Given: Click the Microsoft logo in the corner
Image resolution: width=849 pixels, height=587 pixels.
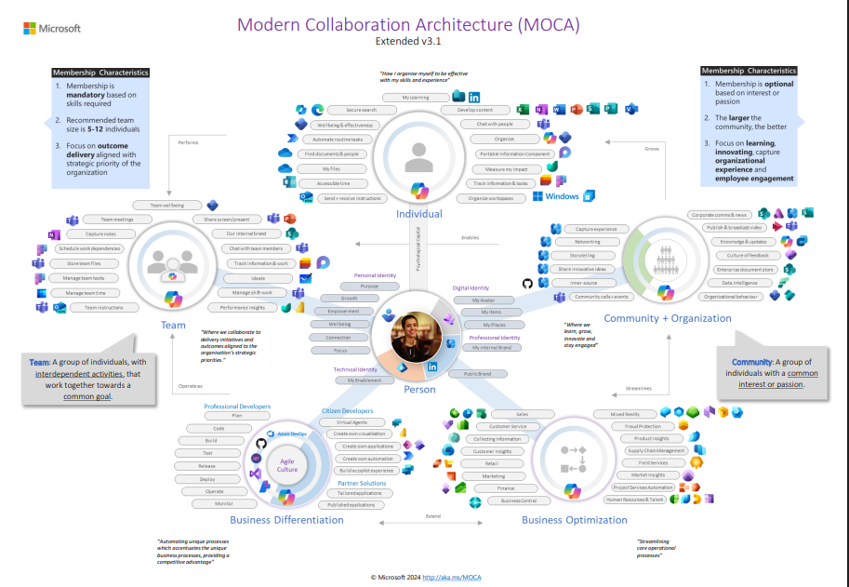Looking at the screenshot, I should [51, 29].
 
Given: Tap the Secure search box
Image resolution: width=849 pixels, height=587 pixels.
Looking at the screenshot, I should [361, 110].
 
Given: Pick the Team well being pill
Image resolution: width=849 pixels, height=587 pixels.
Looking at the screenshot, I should [167, 205].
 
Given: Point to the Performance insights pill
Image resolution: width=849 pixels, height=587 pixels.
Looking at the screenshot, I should [243, 307].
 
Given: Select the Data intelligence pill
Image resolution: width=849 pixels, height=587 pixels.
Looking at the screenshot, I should [738, 282].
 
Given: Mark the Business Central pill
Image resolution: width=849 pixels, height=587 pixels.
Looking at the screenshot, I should [519, 500].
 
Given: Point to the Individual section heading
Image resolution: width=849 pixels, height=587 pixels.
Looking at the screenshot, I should [419, 214].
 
